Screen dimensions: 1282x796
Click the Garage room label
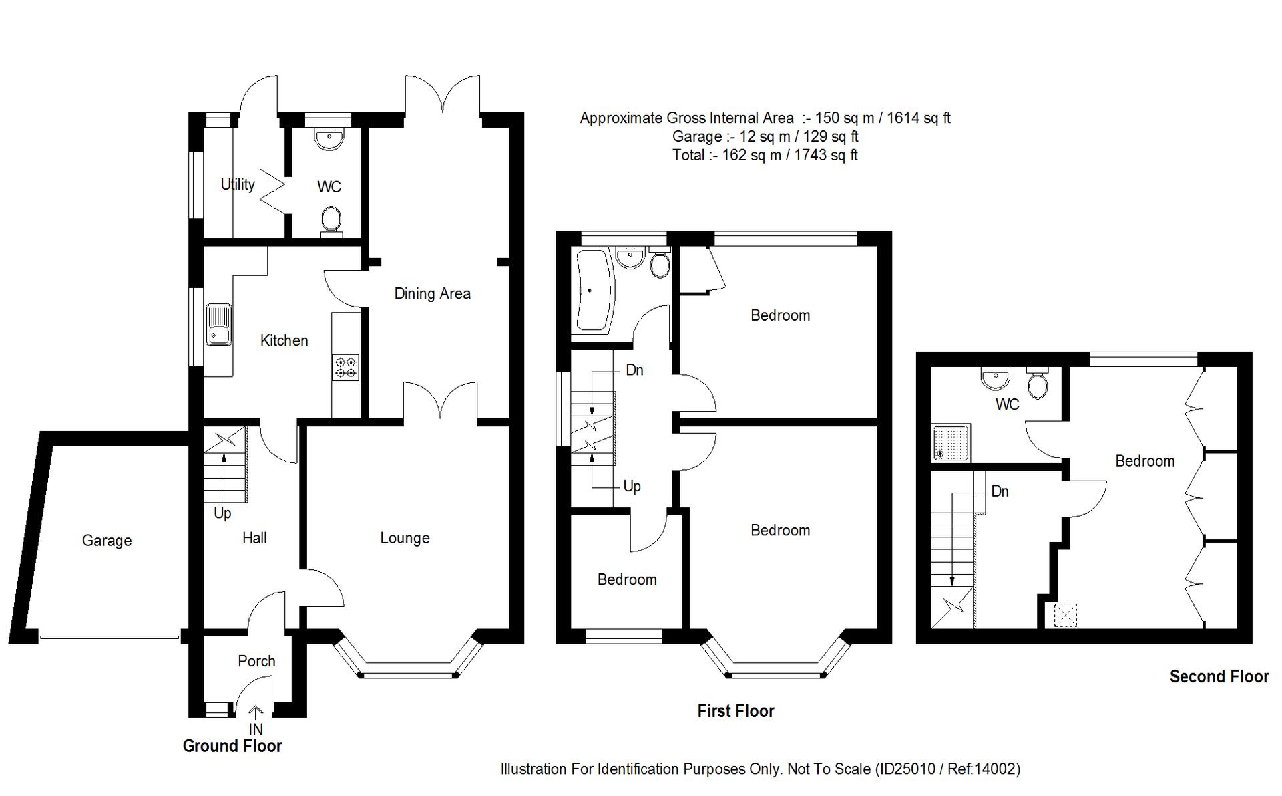107,541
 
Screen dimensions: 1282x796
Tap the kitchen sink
218,325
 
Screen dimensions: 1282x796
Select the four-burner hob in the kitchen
346,368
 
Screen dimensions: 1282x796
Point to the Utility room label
238,184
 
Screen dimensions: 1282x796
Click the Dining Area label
432,293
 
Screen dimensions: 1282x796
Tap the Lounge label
405,538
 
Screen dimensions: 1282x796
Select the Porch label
256,661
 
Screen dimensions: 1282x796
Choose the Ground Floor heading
232,746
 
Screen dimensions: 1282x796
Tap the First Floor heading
736,711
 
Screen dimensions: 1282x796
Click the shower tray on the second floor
952,442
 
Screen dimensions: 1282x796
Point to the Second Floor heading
1219,676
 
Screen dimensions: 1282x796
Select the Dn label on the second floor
1000,491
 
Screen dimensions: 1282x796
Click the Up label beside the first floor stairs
632,486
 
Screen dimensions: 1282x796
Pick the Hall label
254,538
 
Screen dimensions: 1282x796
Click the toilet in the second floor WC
1038,383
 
